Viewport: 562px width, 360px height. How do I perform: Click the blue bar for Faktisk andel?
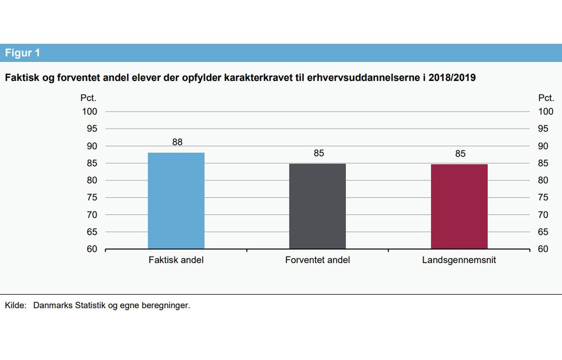tap(176, 201)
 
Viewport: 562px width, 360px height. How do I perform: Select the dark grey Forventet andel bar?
tap(317, 206)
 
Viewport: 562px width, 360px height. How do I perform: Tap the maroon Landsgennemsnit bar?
tap(459, 207)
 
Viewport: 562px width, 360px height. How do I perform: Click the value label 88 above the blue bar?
tap(177, 142)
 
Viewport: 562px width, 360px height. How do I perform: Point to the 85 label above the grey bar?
tap(319, 153)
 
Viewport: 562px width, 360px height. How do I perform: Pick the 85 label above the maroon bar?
tap(460, 154)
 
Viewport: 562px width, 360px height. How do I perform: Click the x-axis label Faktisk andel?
tap(176, 260)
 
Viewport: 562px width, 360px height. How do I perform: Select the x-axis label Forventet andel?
tap(317, 260)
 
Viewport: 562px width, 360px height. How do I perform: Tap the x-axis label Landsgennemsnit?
tap(459, 260)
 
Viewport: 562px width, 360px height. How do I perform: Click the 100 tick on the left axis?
tap(89, 112)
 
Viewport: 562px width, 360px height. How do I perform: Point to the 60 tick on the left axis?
tap(92, 249)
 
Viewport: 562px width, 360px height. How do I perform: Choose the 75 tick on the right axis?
tap(543, 198)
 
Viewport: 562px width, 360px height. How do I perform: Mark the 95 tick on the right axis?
tap(543, 129)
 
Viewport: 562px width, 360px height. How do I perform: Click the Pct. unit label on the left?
tap(88, 98)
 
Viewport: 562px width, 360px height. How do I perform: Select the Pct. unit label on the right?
tap(546, 98)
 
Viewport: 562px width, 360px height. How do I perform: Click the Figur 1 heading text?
tap(22, 53)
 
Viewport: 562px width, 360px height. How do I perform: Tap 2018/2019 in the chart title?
tap(452, 78)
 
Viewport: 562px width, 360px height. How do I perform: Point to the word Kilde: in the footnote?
tap(16, 306)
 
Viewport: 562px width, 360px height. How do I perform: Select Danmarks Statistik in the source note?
tap(70, 306)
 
